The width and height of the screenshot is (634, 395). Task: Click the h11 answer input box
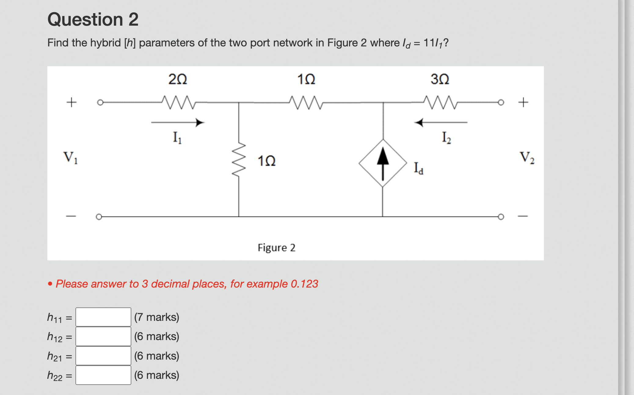[103, 317]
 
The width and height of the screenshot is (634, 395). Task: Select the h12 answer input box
[103, 336]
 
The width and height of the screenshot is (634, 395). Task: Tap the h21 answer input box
[103, 356]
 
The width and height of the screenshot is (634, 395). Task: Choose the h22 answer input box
[103, 375]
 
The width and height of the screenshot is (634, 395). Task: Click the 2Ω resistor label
[178, 79]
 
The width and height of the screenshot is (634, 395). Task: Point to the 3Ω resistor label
[440, 79]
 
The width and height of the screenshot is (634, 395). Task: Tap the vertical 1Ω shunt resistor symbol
[239, 159]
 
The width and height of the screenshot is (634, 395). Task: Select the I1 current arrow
[178, 122]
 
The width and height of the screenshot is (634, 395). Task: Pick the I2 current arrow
[440, 122]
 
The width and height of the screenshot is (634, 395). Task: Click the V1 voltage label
[71, 158]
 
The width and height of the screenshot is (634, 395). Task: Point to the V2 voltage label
[527, 158]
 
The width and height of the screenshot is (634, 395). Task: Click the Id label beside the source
[418, 168]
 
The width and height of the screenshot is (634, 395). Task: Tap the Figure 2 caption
[276, 248]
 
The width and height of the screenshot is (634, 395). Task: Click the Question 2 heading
[93, 20]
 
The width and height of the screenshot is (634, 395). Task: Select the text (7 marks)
[157, 317]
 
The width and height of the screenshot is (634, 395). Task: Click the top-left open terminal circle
[100, 102]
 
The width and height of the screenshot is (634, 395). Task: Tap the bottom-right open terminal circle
[501, 217]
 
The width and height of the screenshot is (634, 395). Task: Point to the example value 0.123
[304, 284]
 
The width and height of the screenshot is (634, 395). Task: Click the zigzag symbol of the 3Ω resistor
[440, 102]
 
